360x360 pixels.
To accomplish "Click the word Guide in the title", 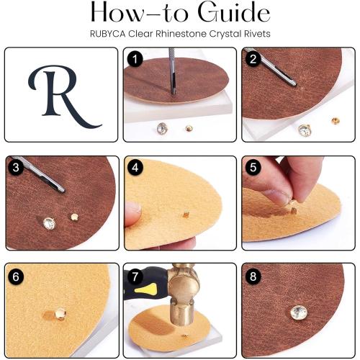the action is [x=234, y=12].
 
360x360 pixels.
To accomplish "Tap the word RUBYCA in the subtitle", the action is [x=107, y=34].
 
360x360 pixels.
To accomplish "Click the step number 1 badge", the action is [x=135, y=59].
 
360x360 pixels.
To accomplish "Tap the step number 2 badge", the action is [x=253, y=59].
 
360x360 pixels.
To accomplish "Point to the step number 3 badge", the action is [x=16, y=167].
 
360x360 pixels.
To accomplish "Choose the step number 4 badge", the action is [x=135, y=167].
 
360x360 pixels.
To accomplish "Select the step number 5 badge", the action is [x=253, y=167].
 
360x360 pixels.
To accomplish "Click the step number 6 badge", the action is [x=16, y=276].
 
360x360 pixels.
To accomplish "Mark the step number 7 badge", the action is [x=135, y=276].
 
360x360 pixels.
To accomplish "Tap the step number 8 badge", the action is [x=253, y=276].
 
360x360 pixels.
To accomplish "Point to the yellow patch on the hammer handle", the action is [x=146, y=289].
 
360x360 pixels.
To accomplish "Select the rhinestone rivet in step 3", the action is [x=49, y=223].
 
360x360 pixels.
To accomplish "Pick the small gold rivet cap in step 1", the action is [x=189, y=129].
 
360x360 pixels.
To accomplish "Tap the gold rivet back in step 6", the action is [x=60, y=314].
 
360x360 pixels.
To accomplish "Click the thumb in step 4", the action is [x=132, y=213].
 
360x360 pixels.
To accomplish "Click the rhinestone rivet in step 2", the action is [x=305, y=130].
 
